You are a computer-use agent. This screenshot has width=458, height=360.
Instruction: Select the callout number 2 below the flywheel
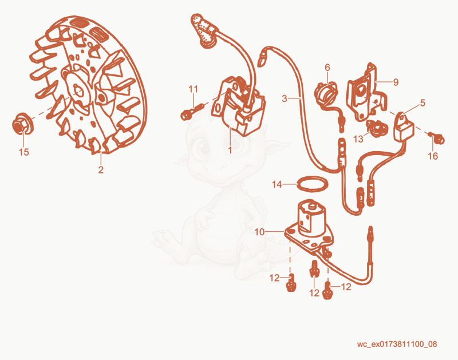[101, 169]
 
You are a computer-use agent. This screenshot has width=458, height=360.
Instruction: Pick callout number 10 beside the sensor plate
[259, 232]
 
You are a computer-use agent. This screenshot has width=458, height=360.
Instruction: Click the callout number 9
[396, 82]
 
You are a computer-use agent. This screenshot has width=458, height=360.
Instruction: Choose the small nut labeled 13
[377, 126]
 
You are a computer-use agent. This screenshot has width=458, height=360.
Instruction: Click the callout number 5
[423, 103]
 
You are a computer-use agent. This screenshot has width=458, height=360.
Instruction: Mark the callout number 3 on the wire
[285, 98]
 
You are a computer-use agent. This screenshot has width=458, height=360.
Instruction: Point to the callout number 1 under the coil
[230, 150]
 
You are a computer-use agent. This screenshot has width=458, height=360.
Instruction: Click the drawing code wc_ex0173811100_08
[397, 344]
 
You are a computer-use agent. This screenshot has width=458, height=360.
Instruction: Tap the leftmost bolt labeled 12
[290, 283]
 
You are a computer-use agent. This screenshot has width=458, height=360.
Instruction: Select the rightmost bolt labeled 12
[327, 291]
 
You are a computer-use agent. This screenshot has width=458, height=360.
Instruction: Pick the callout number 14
[277, 184]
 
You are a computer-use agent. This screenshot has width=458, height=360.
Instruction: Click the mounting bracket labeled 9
[367, 93]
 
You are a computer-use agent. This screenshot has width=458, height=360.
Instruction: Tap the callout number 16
[433, 156]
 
